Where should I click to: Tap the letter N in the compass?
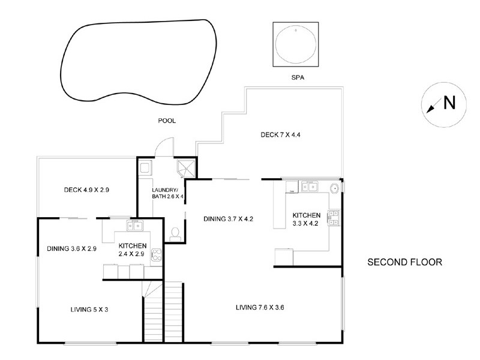coord(449,103)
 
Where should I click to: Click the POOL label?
coord(167,121)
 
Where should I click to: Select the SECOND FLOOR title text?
coord(404,262)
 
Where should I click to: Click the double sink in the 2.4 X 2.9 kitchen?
coord(134,226)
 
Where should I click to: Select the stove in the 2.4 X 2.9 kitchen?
coord(157,254)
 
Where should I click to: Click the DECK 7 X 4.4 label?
coord(280,134)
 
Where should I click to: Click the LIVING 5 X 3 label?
coord(89,310)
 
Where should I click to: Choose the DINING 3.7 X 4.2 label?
coord(220,219)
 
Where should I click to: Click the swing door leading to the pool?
coord(163,147)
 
